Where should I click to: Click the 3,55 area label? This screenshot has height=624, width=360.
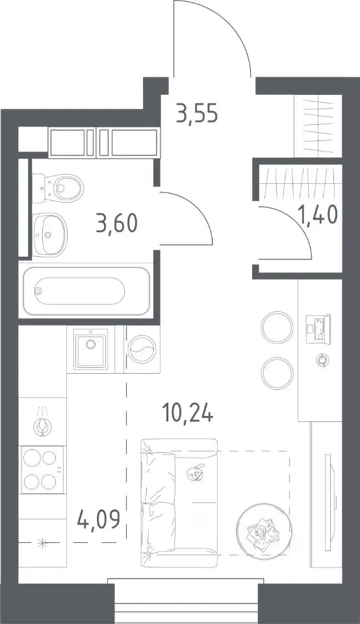[198, 114]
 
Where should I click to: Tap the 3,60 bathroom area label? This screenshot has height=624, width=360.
[116, 222]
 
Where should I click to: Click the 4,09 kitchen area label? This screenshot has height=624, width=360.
[99, 519]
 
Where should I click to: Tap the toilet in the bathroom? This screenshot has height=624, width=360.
[58, 187]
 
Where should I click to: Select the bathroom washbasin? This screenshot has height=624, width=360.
[49, 235]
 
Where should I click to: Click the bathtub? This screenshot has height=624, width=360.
[86, 291]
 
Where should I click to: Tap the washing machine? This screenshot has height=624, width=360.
[142, 350]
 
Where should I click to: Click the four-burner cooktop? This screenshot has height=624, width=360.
[42, 469]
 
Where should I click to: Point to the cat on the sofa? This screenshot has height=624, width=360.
[196, 473]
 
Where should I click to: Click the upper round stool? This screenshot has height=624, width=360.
[277, 327]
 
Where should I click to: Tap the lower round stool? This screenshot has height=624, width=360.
[277, 373]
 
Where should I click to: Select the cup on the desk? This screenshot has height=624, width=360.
[322, 360]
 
